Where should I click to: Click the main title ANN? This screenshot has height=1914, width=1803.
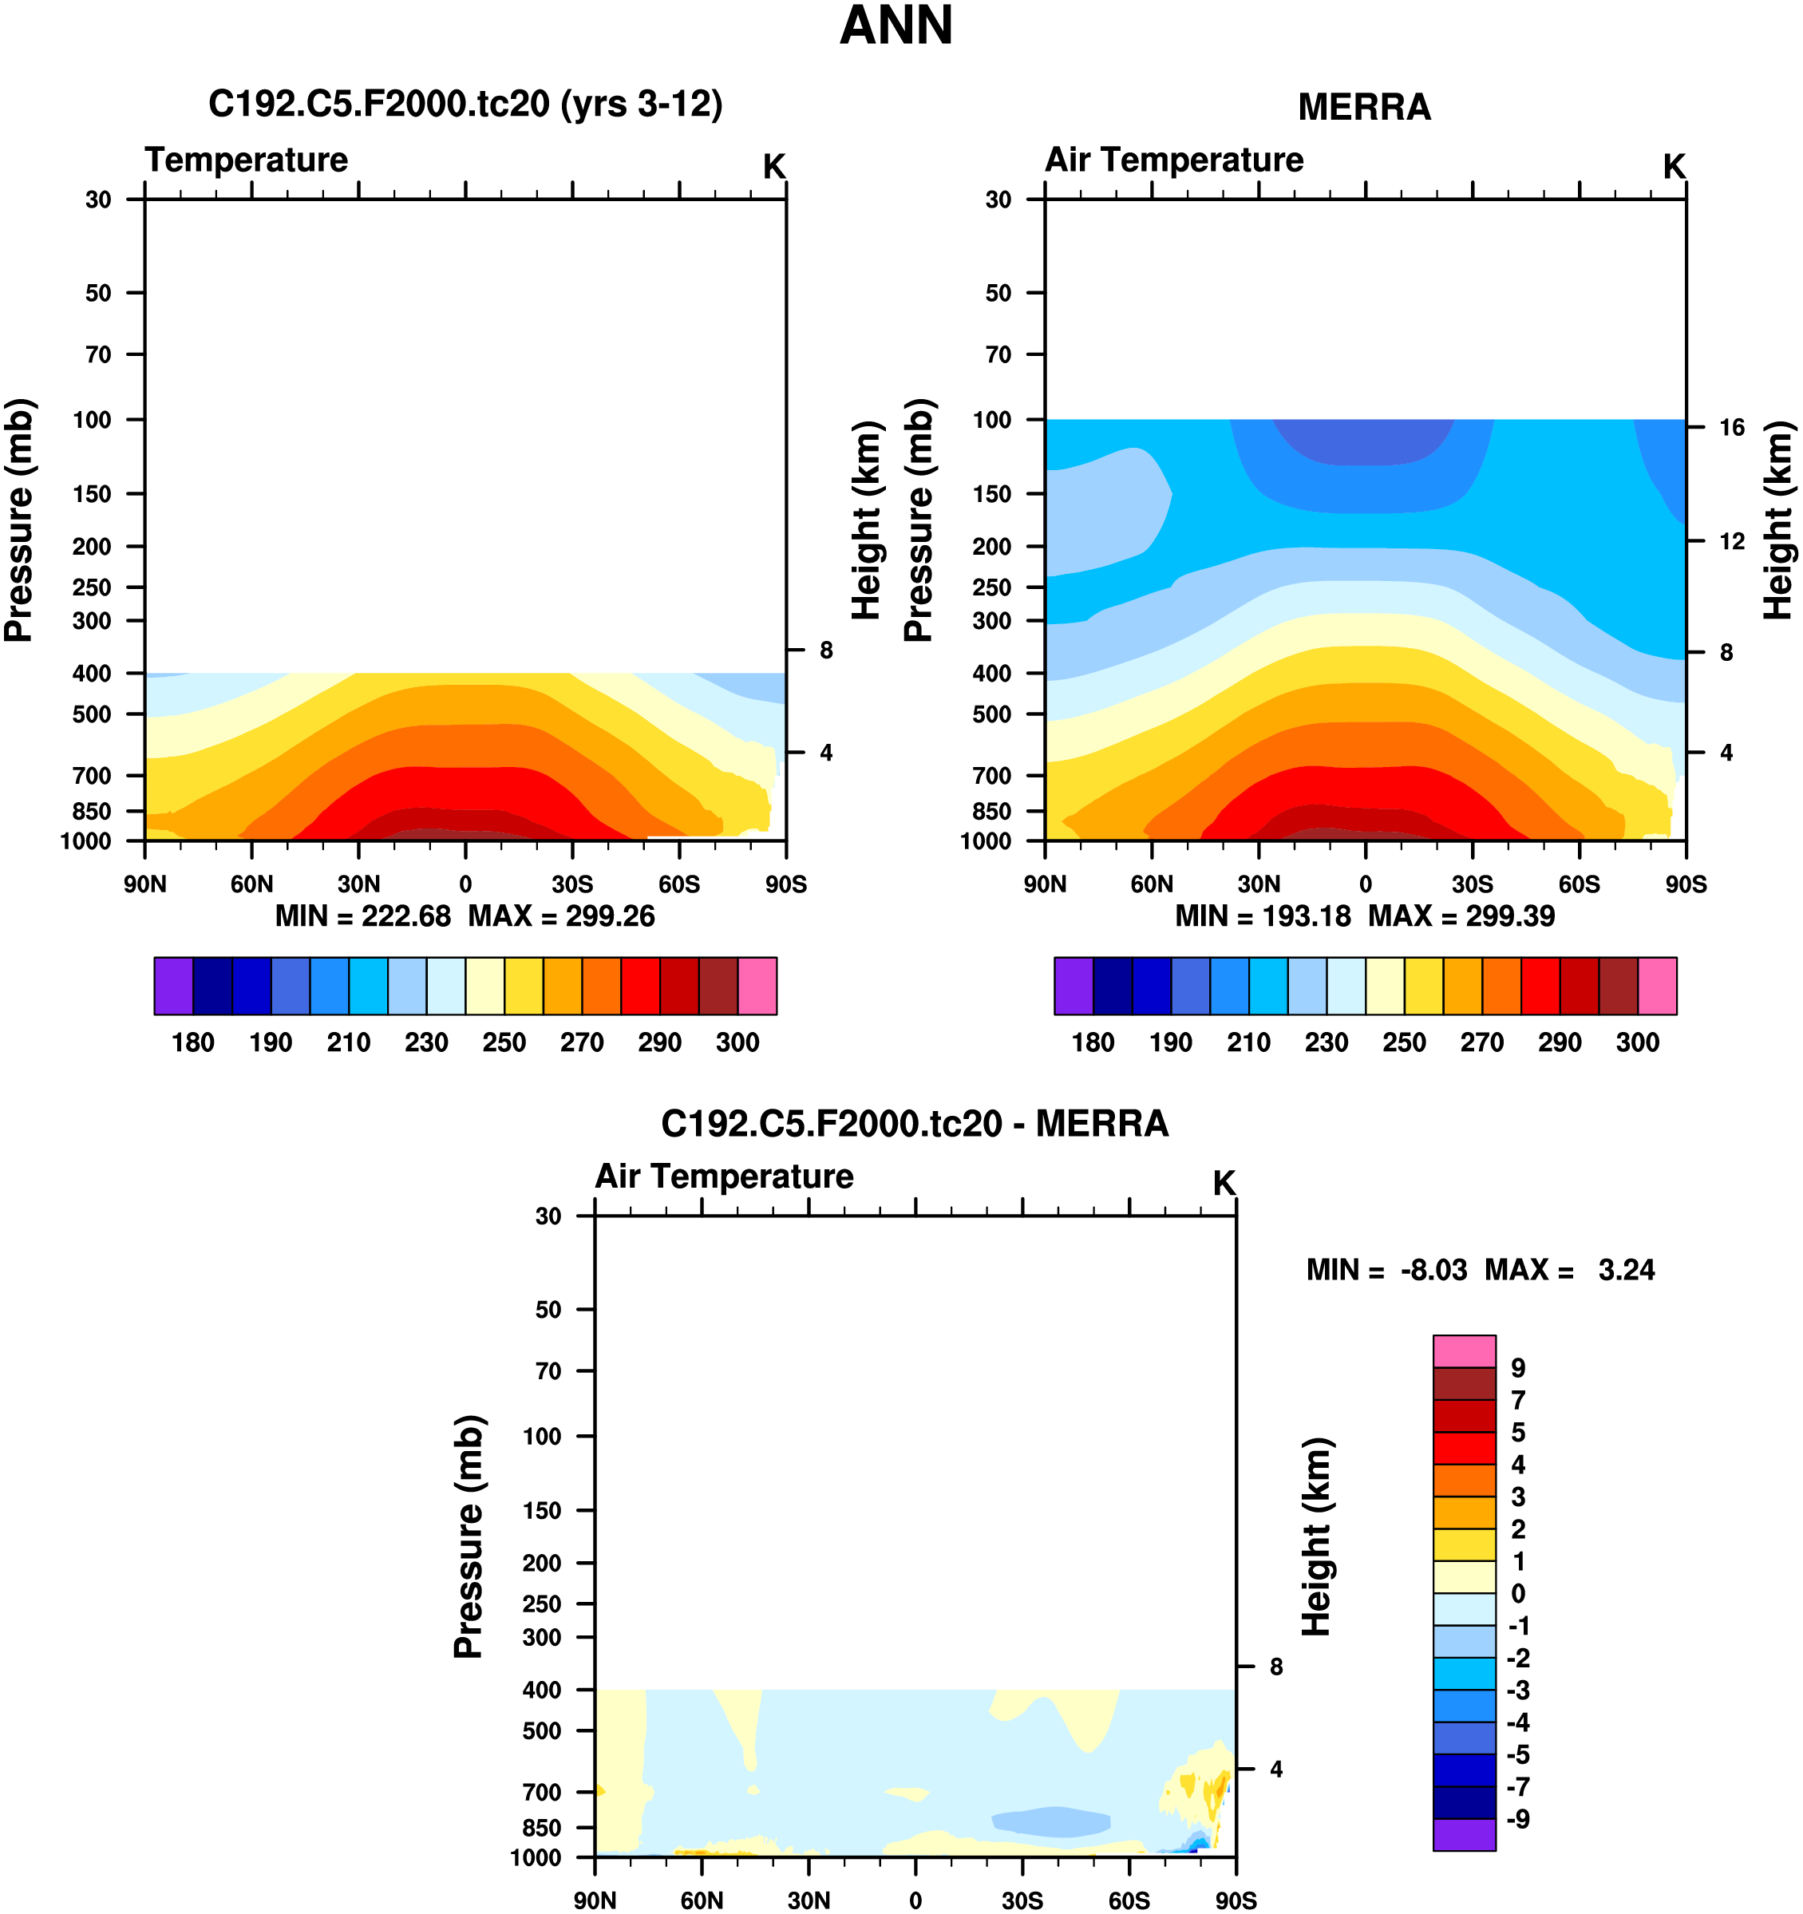(x=896, y=26)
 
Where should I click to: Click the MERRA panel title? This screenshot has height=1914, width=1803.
(x=1364, y=107)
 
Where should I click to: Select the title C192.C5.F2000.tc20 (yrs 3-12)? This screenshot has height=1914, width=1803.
(x=465, y=103)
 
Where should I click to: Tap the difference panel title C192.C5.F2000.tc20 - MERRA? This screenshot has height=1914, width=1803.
(x=915, y=1124)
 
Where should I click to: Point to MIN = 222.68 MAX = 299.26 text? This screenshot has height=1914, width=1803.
(x=465, y=915)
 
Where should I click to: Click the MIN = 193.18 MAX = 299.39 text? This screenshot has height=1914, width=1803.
(x=1364, y=915)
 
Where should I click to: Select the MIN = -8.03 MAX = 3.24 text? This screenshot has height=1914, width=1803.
(x=1480, y=1270)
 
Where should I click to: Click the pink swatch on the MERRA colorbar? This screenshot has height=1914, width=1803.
(x=1657, y=986)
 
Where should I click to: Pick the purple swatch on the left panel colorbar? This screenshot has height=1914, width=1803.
(x=173, y=986)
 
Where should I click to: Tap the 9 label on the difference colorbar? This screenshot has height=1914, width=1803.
(x=1518, y=1368)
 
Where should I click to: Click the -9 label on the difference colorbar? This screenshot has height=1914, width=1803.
(x=1518, y=1819)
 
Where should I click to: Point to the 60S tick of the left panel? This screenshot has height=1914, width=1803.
(x=678, y=884)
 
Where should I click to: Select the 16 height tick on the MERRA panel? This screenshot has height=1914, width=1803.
(x=1732, y=428)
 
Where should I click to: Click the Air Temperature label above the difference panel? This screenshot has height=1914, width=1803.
(x=724, y=1176)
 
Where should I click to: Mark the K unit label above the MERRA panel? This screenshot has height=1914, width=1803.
(x=1674, y=168)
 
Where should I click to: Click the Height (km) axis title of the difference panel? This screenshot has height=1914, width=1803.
(x=1316, y=1536)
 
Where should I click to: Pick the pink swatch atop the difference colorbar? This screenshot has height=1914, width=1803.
(x=1464, y=1350)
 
